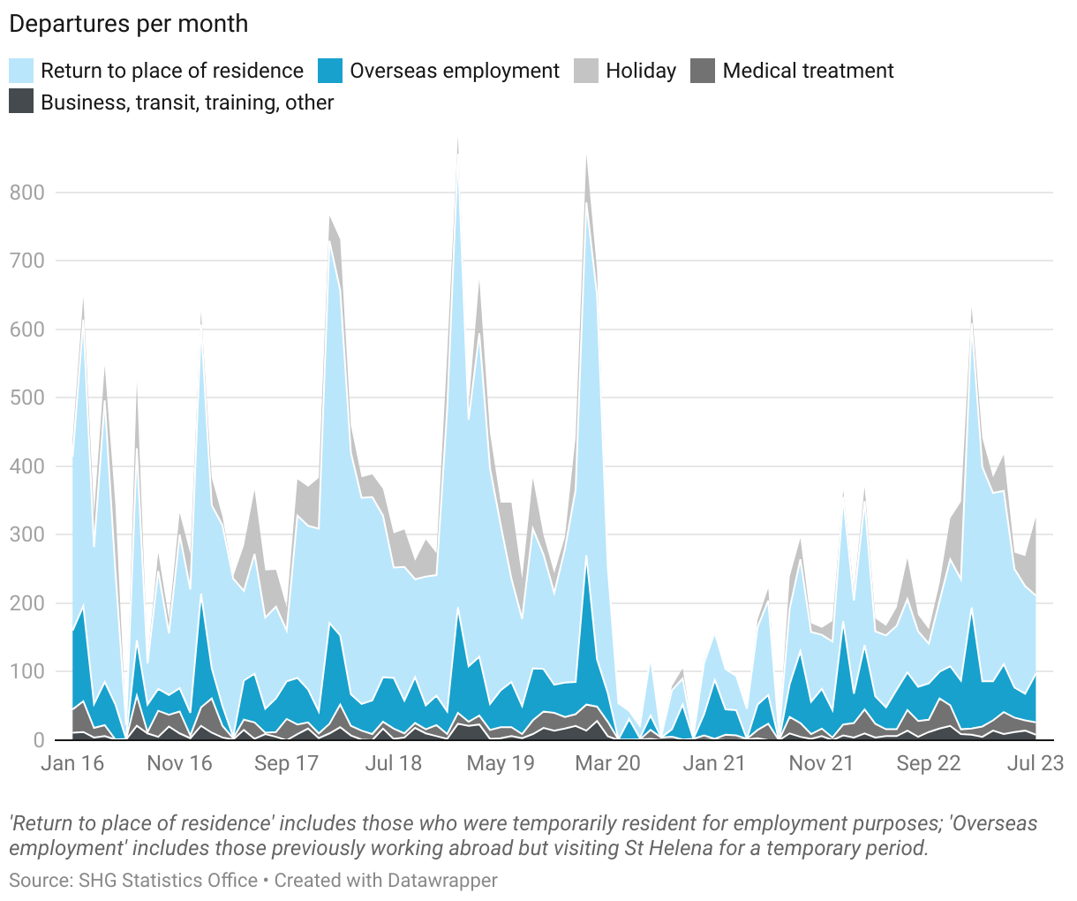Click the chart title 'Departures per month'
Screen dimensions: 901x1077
click(x=129, y=24)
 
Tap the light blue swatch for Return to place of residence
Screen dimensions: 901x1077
click(x=21, y=71)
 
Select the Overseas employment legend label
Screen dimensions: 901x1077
click(x=455, y=71)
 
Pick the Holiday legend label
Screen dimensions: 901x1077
click(x=641, y=71)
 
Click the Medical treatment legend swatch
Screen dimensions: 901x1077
click(x=702, y=71)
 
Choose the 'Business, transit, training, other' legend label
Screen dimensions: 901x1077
click(x=187, y=102)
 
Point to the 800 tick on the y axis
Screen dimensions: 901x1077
click(x=26, y=193)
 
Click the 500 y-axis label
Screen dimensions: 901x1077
click(x=26, y=397)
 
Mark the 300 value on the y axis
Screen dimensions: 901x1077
click(x=26, y=534)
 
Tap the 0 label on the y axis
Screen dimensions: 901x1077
click(x=39, y=740)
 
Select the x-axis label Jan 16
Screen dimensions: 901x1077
click(x=72, y=763)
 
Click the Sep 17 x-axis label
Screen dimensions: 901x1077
click(x=286, y=763)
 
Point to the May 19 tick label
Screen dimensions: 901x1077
click(x=501, y=763)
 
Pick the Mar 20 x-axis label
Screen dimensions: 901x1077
click(x=607, y=763)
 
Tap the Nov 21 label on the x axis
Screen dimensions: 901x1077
click(x=821, y=763)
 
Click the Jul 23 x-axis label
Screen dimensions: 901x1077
click(x=1036, y=763)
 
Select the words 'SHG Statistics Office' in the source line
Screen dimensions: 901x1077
click(x=168, y=881)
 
